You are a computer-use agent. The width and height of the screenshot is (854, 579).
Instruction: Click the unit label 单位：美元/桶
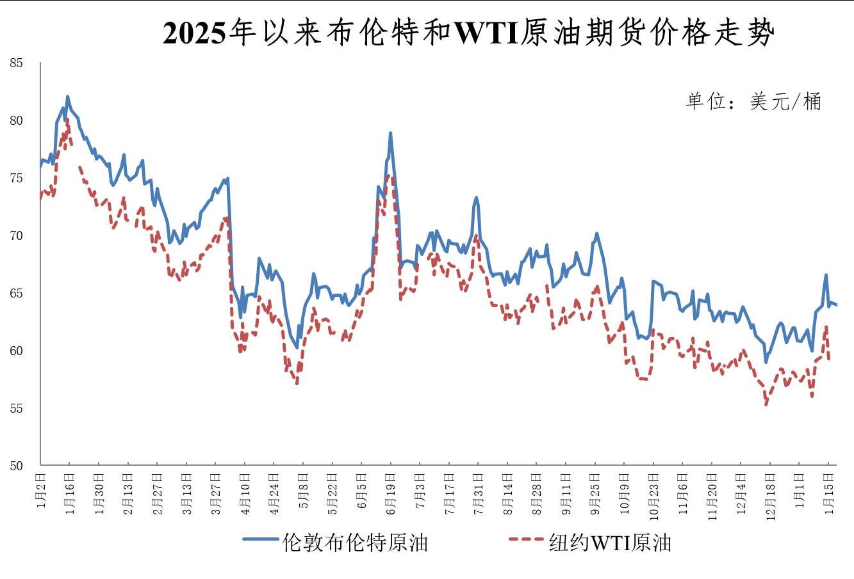coord(753,102)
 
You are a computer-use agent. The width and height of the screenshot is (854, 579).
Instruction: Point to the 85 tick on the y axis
coord(16,63)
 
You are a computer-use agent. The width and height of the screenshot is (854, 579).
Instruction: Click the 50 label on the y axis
coord(16,466)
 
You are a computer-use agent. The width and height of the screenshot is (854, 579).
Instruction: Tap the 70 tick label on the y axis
coord(16,236)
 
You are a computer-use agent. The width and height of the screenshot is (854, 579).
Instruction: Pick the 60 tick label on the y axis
coord(16,351)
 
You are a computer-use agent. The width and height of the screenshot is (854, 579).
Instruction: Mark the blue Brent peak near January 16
coord(67,97)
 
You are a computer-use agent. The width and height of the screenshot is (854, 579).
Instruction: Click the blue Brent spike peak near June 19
coord(390,133)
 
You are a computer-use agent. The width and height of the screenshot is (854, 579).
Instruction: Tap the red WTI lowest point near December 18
coord(766,404)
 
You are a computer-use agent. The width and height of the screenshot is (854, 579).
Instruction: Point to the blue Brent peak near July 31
coord(476,198)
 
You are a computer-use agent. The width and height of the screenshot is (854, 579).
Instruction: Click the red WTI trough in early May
coord(297,383)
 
